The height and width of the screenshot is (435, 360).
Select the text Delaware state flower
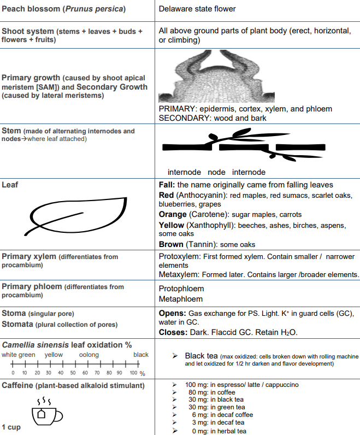coord(197,9)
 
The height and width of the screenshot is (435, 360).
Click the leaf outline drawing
coord(76,215)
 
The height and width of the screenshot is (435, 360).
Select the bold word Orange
coord(172,215)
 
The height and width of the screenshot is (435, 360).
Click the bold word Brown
coord(171,244)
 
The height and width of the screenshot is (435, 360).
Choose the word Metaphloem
coord(180,299)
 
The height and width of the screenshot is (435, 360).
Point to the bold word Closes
coord(172,332)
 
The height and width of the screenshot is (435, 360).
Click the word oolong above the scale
coord(89,355)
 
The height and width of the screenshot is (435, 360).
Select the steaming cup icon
coord(46,413)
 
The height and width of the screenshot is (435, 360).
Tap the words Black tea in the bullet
coord(203,356)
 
